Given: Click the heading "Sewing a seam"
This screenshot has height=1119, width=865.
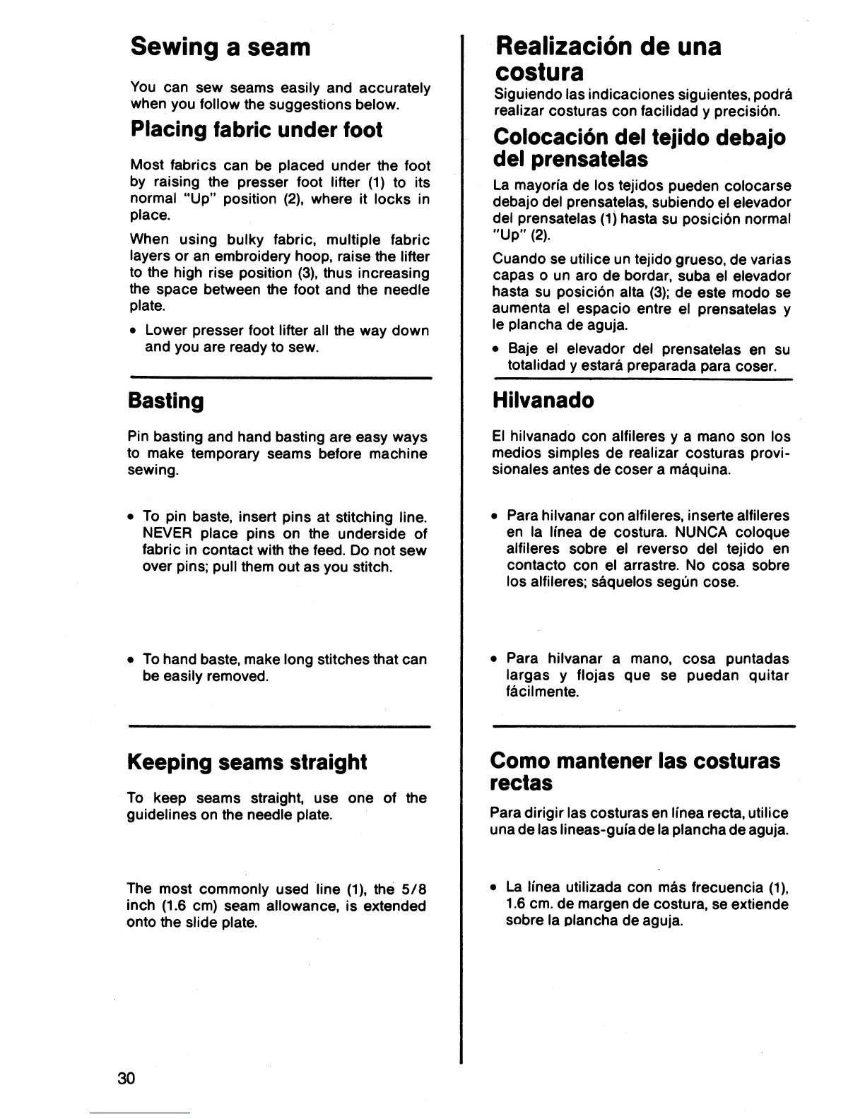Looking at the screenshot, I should click(220, 47).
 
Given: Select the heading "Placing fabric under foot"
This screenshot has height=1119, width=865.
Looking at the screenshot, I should click(257, 130).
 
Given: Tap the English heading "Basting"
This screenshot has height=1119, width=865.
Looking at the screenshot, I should click(166, 401).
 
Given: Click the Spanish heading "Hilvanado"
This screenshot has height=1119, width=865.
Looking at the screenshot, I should click(543, 401).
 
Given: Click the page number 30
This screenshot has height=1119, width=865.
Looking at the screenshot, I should click(127, 1079).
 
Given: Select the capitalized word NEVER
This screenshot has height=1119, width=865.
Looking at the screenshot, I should click(165, 533).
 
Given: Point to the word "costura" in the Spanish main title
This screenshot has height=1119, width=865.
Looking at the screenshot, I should click(539, 72).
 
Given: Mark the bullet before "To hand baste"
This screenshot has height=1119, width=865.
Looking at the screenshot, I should click(132, 660).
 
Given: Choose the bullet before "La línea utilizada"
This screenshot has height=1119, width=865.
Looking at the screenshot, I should click(495, 888).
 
